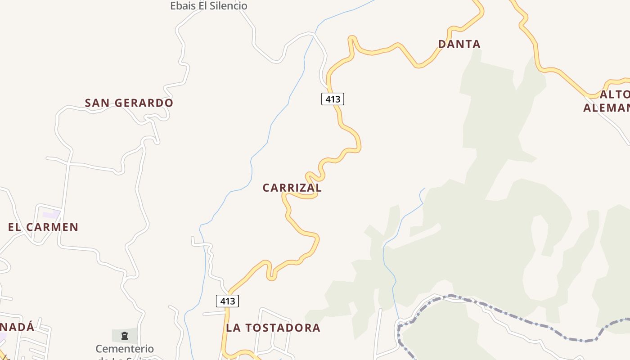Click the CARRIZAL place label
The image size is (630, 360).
[x=292, y=188]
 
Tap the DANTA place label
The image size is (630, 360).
[x=459, y=44]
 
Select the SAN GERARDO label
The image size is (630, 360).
[x=129, y=103]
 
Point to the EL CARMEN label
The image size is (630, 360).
[x=43, y=227]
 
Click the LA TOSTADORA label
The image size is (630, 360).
[x=273, y=328]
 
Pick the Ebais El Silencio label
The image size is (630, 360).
[x=209, y=6]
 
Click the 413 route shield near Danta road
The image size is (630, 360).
[x=333, y=99]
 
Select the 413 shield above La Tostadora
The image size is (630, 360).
[x=227, y=301]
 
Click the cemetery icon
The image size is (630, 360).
[x=125, y=335]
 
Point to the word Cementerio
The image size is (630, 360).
[x=125, y=349]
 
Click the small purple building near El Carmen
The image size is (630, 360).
[x=51, y=215]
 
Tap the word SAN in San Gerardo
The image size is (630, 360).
[x=97, y=103]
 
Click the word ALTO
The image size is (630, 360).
[x=615, y=94]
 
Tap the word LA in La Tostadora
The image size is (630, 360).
[x=233, y=328]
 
